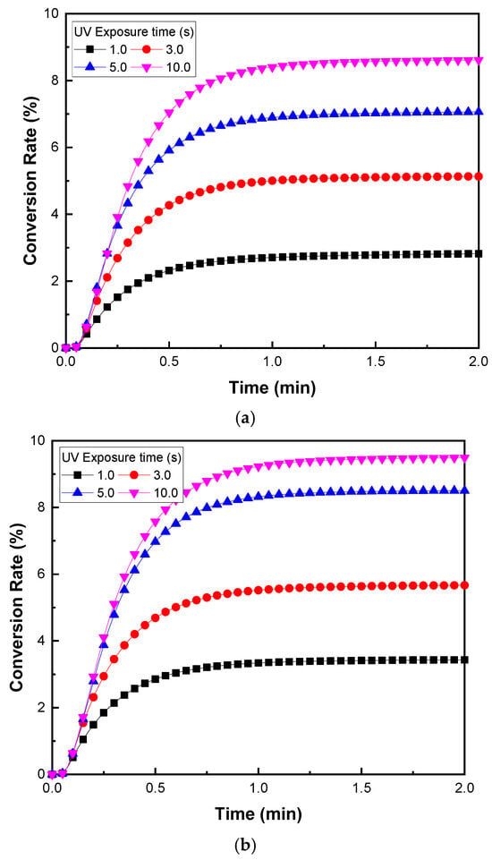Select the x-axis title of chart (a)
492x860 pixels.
(272, 388)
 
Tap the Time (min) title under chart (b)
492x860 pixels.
(258, 812)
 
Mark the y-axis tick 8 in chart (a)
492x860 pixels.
(54, 81)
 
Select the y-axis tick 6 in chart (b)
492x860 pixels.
(40, 575)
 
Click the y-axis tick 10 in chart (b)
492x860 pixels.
(38, 441)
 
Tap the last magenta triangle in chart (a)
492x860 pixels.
(479, 61)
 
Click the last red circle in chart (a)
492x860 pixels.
(479, 176)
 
